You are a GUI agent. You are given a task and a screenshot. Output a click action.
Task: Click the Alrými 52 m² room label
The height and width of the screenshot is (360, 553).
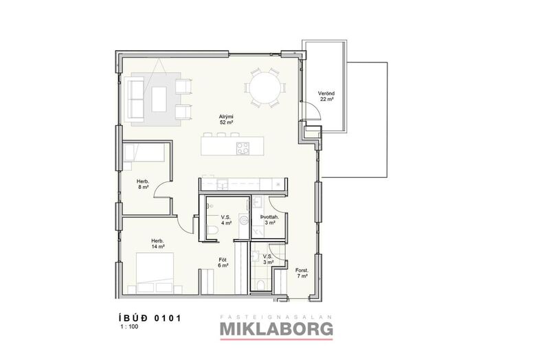click(x=226, y=120)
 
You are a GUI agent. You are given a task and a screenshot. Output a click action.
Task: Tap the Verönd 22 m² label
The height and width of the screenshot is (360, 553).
click(x=326, y=96)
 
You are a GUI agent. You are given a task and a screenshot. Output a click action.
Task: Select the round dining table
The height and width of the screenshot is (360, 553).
click(x=264, y=87)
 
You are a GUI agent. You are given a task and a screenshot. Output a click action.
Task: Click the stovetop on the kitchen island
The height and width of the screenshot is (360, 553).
click(x=242, y=148)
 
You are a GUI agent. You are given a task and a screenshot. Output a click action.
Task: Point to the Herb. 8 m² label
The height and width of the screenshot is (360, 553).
click(x=143, y=184)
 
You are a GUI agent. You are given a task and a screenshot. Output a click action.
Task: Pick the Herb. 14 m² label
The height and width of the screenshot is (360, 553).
click(x=159, y=244)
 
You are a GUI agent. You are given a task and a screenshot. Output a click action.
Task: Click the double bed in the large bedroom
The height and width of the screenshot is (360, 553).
click(x=155, y=273)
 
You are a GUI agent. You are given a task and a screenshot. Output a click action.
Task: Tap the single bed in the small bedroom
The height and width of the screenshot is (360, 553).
click(x=144, y=152)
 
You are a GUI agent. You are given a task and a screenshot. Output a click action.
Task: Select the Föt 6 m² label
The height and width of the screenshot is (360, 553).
click(x=223, y=262)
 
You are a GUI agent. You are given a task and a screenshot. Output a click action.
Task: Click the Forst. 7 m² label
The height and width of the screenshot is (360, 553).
click(x=302, y=273)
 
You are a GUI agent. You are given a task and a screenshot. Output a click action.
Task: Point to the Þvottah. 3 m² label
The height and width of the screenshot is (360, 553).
click(x=270, y=220)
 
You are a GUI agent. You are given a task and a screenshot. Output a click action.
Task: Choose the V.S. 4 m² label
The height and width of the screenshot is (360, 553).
click(x=226, y=220)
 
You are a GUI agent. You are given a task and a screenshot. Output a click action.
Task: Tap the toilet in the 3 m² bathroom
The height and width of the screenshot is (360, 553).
click(x=261, y=284)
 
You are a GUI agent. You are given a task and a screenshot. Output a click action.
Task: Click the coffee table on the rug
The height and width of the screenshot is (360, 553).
click(x=159, y=99)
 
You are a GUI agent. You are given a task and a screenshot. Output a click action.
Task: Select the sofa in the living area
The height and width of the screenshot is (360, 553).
click(x=135, y=99)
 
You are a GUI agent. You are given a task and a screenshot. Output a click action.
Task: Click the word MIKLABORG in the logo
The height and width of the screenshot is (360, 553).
click(x=276, y=329)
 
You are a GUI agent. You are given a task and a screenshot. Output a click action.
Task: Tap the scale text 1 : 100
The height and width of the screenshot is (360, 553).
click(x=129, y=326)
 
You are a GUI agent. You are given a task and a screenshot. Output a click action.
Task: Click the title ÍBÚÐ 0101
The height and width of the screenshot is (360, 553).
click(x=150, y=317)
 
